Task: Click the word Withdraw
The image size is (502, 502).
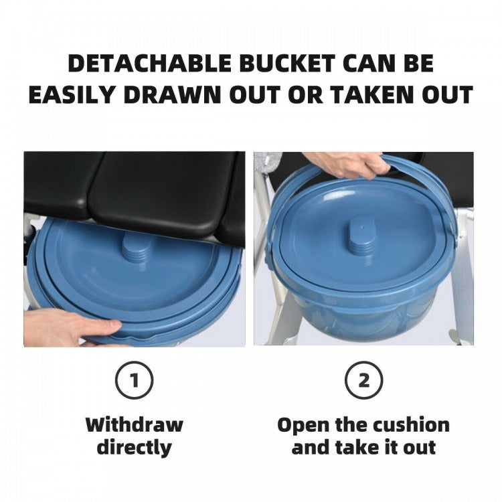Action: [x=134, y=424]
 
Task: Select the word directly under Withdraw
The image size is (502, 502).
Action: [x=134, y=447]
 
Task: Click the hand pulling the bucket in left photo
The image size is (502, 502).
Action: [x=70, y=328]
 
